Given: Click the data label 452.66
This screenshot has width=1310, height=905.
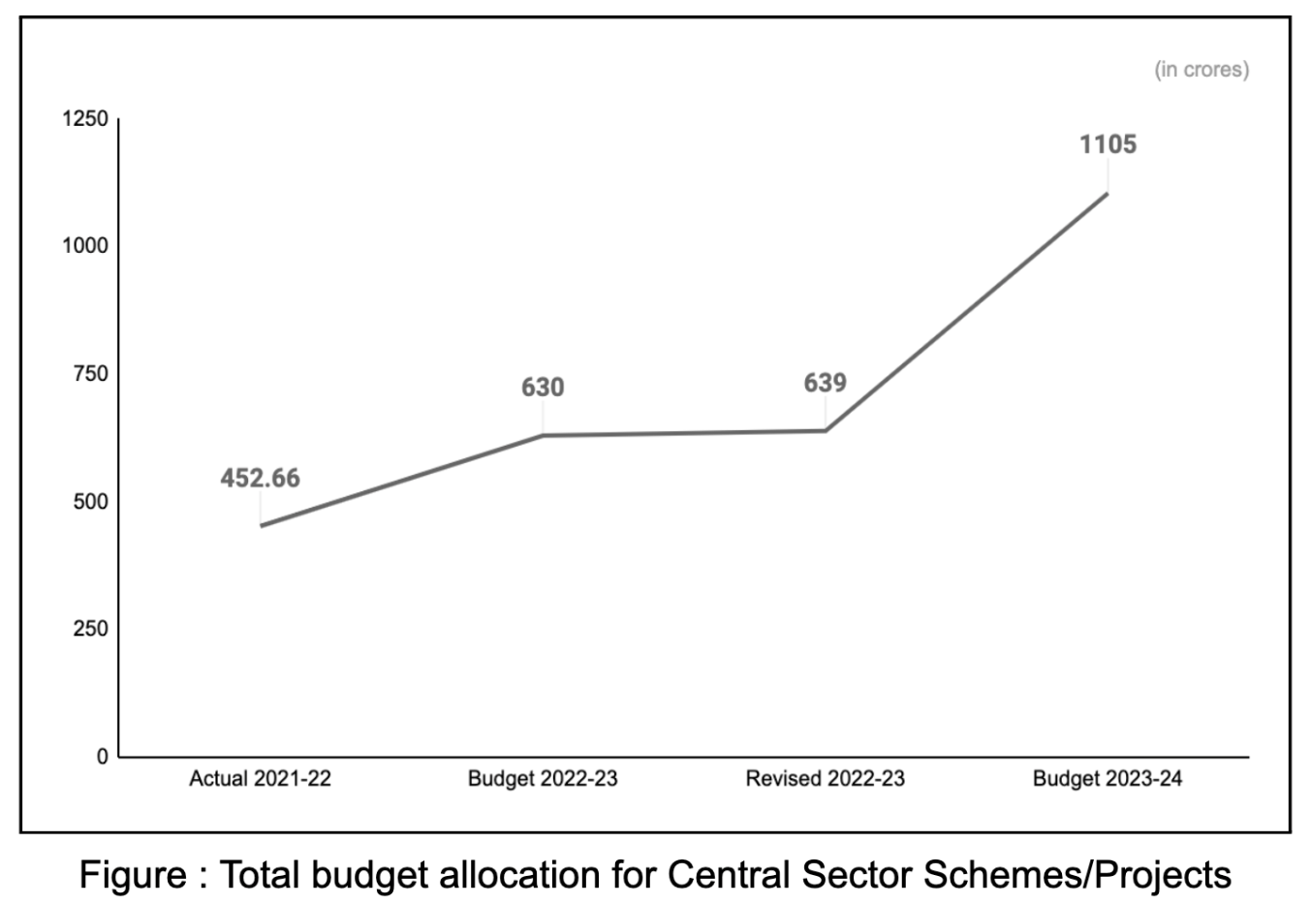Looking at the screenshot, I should [260, 479].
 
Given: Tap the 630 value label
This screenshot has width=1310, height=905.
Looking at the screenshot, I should [543, 388].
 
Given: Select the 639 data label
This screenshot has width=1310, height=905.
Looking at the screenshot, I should [825, 383].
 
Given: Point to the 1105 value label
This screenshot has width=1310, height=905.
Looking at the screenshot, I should [1107, 144].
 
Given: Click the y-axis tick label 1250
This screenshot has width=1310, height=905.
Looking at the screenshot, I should [85, 119].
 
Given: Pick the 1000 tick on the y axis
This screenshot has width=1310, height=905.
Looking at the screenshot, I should [85, 246].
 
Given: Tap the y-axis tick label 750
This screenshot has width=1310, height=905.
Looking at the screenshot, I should [91, 374].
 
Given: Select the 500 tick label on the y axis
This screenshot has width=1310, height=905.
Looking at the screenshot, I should [91, 502].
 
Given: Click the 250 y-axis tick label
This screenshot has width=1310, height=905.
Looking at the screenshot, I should [91, 629].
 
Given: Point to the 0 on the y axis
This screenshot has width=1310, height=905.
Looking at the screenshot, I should [103, 757].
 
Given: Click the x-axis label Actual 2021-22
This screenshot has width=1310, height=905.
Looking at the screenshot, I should [260, 779].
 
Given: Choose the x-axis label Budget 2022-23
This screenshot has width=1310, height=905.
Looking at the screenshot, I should [543, 779].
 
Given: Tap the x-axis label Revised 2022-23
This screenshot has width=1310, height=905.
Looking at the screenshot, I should [825, 779].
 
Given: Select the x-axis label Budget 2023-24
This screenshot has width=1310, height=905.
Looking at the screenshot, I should [1107, 779].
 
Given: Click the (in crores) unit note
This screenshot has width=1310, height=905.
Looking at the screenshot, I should [1201, 70].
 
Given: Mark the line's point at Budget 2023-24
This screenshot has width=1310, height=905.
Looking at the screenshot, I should [1107, 193].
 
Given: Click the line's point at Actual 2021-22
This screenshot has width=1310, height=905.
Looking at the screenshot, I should [261, 526].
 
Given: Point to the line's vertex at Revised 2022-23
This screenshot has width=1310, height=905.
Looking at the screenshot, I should [825, 430].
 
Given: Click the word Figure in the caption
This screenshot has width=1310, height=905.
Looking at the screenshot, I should [134, 875].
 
